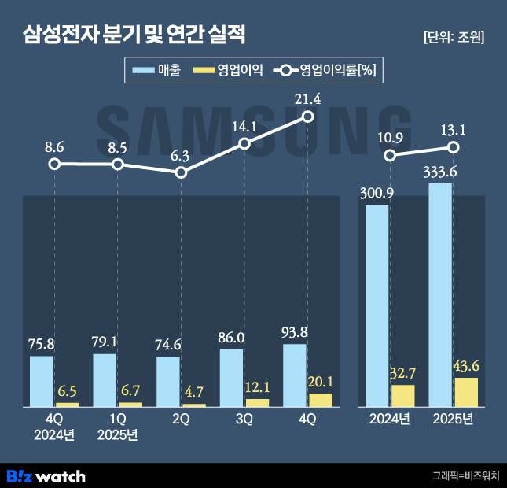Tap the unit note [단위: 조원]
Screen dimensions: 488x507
[453, 37]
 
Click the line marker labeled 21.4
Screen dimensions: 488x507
[308, 116]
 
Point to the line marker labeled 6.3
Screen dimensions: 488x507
[181, 171]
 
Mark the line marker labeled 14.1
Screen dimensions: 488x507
[244, 143]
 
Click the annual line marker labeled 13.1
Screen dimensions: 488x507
[454, 147]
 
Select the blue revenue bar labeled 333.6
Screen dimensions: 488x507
[440, 295]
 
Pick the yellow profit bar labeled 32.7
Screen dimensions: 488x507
[402, 396]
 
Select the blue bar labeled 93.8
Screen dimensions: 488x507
[295, 375]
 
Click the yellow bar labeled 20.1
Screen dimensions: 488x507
[321, 400]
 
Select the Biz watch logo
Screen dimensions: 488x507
[46, 475]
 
